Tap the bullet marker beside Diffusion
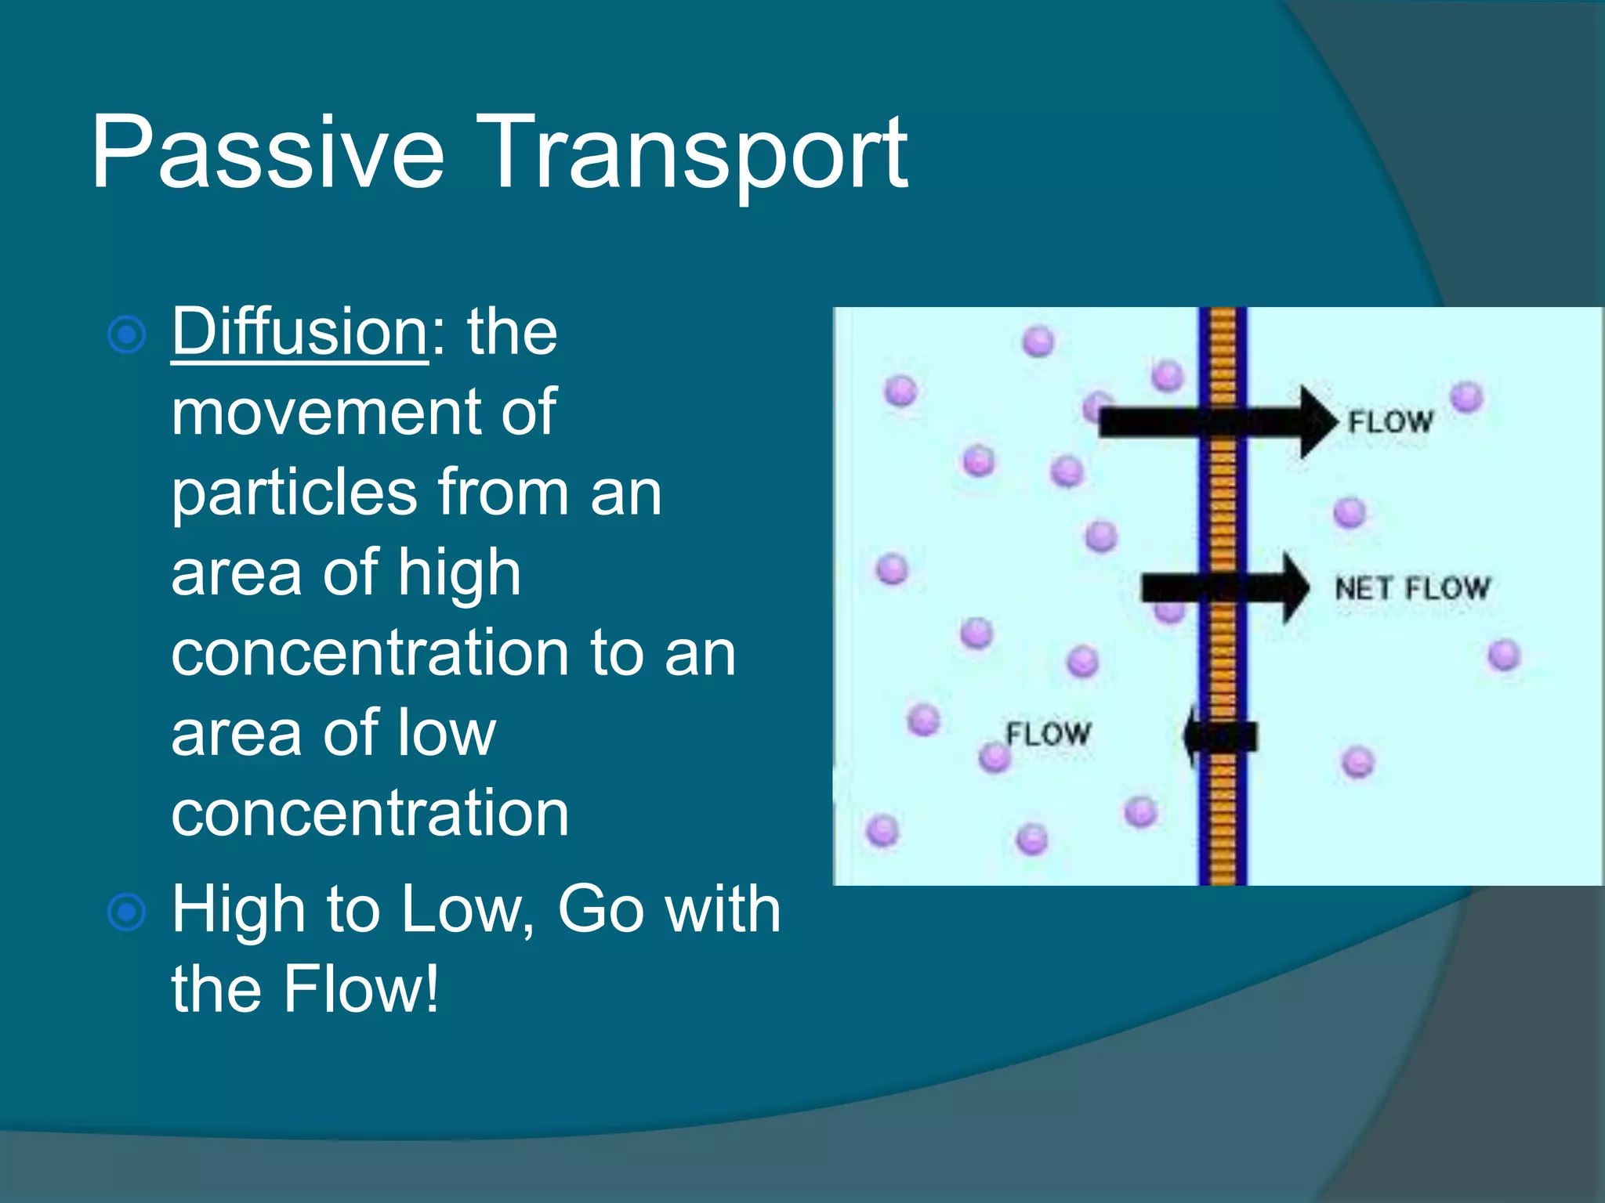click(x=126, y=335)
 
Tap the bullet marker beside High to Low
click(x=126, y=912)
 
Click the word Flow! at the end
click(x=361, y=990)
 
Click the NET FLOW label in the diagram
click(x=1411, y=588)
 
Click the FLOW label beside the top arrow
click(x=1389, y=422)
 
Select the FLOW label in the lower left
click(x=1048, y=734)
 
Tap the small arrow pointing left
click(x=1219, y=736)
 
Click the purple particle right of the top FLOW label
click(x=1466, y=397)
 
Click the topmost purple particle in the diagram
click(x=1038, y=341)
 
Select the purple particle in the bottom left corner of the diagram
click(x=882, y=830)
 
